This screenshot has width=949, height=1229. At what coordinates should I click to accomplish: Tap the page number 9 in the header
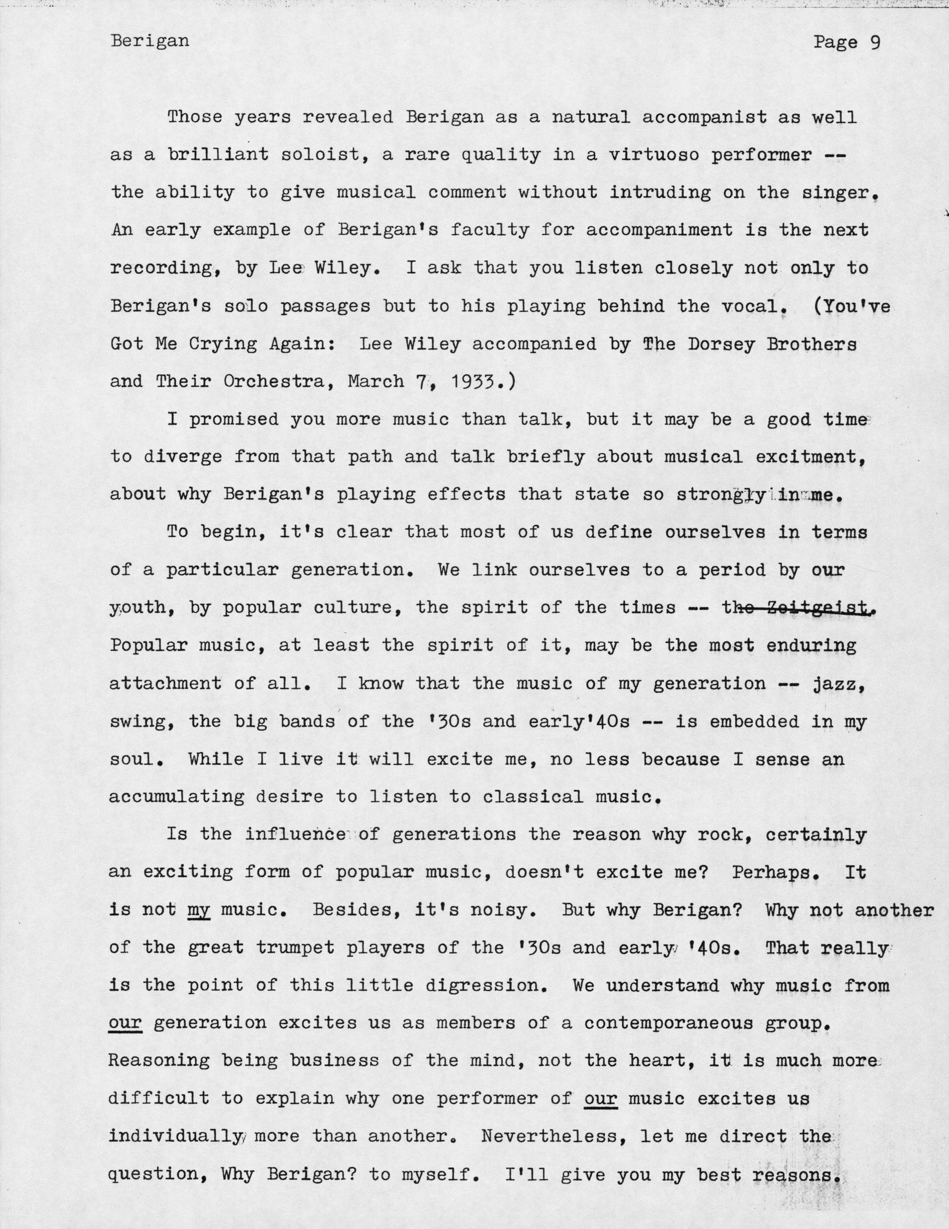point(874,43)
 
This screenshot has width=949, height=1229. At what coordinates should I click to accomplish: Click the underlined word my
point(199,910)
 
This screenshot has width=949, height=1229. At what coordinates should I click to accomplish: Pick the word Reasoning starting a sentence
point(159,1061)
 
